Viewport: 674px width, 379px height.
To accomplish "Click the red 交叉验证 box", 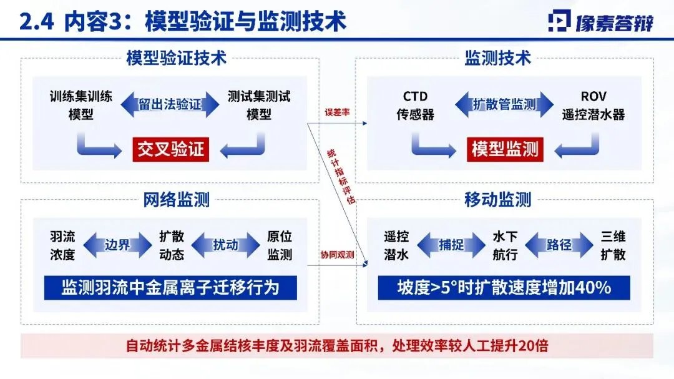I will coord(170,150).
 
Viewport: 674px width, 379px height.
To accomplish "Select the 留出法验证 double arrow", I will coord(170,104).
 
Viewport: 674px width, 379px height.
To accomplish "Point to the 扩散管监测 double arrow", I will coord(504,104).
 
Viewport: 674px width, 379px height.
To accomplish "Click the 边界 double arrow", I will coord(117,245).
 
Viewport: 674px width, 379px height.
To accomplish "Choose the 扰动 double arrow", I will coord(225,245).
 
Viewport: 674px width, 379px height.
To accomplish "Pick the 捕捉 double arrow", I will coord(451,245).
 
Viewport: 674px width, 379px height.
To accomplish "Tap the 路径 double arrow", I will coord(559,245).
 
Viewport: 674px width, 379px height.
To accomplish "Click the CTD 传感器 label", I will coord(415,106).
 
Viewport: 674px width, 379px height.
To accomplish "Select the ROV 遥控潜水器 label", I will coord(593,106).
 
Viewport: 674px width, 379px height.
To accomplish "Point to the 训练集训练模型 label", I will coord(81,106).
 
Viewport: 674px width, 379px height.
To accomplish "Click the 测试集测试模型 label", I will coord(259,106).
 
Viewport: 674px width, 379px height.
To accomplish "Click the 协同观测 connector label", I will coord(337,254).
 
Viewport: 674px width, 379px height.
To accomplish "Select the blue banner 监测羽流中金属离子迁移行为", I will coord(170,288).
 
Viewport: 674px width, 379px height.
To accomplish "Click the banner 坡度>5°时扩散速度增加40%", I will coord(504,288).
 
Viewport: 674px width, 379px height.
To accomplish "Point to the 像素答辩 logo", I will coord(600,22).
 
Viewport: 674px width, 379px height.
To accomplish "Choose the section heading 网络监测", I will coord(176,200).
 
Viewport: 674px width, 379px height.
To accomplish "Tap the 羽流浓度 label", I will coord(62,245).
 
